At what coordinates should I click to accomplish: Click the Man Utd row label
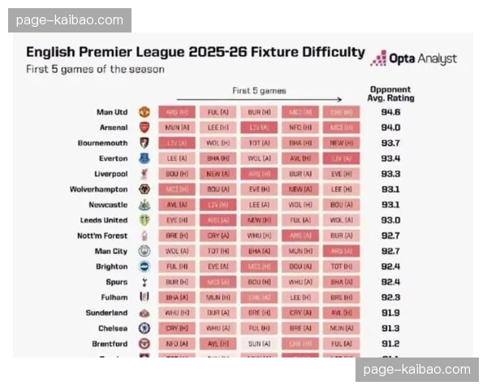tap(111, 112)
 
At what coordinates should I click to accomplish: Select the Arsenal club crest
tap(144, 128)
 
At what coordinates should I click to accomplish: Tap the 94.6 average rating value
tap(390, 112)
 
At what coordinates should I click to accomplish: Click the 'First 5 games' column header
tap(259, 91)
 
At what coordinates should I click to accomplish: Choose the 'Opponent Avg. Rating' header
tap(390, 93)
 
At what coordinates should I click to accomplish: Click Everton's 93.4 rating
tap(390, 158)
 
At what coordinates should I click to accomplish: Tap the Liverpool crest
tap(144, 174)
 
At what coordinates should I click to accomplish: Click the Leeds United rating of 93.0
tap(390, 220)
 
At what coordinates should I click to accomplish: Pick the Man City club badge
tap(144, 251)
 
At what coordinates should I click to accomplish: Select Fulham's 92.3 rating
tap(390, 297)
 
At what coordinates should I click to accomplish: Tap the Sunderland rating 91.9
tap(390, 313)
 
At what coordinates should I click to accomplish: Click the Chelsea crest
tap(144, 328)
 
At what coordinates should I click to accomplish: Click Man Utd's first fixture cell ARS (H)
tap(176, 112)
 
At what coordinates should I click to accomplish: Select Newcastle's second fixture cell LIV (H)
tap(218, 205)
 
